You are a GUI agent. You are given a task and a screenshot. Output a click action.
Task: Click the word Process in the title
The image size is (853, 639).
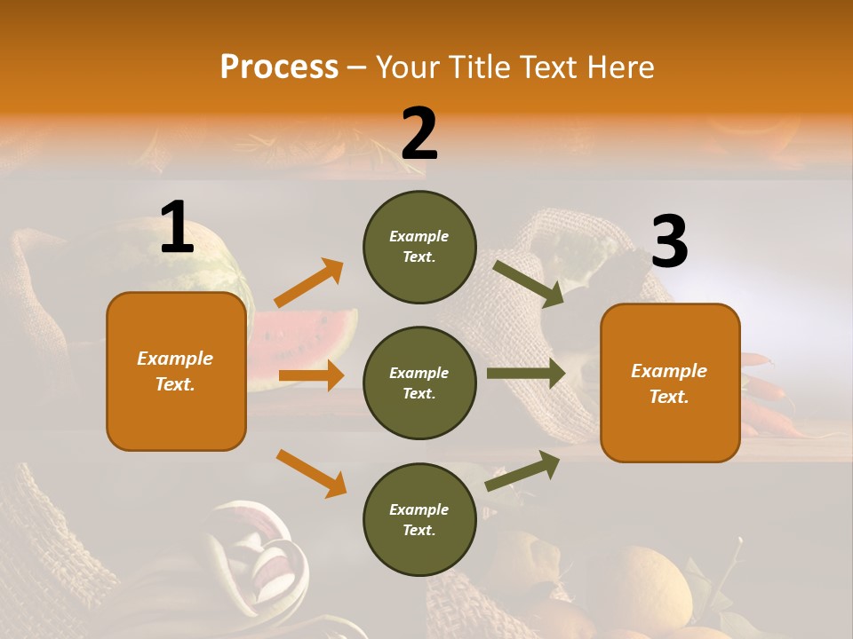279,67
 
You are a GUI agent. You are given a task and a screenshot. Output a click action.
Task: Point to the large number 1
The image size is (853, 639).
177,228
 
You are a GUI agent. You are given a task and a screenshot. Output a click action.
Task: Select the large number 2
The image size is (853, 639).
419,133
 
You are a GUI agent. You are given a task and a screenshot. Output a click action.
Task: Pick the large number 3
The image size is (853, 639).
669,241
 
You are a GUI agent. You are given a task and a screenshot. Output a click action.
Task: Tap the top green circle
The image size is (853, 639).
419,247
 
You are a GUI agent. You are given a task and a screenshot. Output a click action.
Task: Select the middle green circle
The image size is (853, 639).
419,383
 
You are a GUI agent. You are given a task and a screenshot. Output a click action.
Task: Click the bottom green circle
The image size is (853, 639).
419,519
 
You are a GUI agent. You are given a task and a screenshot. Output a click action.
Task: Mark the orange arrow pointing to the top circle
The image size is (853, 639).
309,282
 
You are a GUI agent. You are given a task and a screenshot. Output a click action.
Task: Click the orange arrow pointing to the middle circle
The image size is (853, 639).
311,375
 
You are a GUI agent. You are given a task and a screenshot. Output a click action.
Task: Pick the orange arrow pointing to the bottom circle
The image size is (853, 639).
311,472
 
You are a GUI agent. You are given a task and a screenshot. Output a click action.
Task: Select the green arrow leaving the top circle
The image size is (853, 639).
529,283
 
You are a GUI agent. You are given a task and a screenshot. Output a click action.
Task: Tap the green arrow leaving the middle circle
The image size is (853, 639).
526,374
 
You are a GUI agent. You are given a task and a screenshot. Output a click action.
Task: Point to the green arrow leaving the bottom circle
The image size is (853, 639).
522,470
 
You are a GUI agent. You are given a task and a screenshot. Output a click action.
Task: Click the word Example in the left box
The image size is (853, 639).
175,359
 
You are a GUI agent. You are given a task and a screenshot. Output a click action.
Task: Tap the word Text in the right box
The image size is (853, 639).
668,397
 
